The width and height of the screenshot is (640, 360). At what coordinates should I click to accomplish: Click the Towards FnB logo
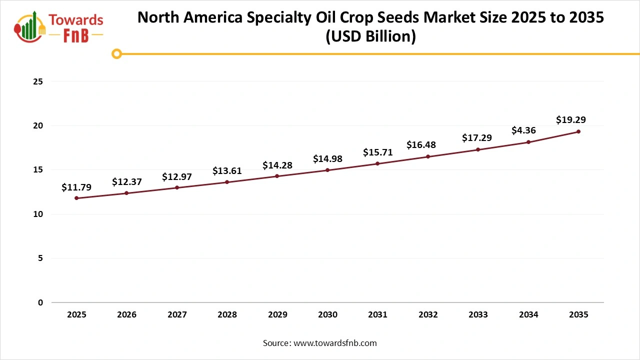click(x=59, y=26)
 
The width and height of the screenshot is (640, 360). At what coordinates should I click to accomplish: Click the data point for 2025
click(x=76, y=198)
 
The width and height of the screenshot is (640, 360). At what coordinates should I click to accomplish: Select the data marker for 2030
click(x=327, y=170)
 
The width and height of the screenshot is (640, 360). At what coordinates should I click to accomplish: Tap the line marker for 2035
click(x=578, y=131)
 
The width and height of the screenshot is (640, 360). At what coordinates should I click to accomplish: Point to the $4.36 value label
click(x=523, y=130)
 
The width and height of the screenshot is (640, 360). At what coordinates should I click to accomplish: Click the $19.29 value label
click(x=570, y=120)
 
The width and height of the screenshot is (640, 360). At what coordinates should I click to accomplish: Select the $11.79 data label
click(x=76, y=187)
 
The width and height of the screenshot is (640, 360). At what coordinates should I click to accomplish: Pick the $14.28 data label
click(x=277, y=165)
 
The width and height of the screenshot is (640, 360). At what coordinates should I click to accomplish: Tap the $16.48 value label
click(x=421, y=145)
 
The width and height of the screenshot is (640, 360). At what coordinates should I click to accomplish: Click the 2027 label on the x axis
click(x=177, y=315)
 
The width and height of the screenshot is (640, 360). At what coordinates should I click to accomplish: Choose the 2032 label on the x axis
click(x=428, y=315)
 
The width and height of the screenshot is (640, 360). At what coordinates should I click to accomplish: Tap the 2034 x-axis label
click(x=528, y=315)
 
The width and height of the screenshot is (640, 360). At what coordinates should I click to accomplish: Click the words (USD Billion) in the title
click(x=370, y=37)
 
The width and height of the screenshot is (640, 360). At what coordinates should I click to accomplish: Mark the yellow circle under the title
click(x=116, y=53)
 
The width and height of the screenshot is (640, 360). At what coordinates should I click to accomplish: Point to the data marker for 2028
click(x=227, y=182)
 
